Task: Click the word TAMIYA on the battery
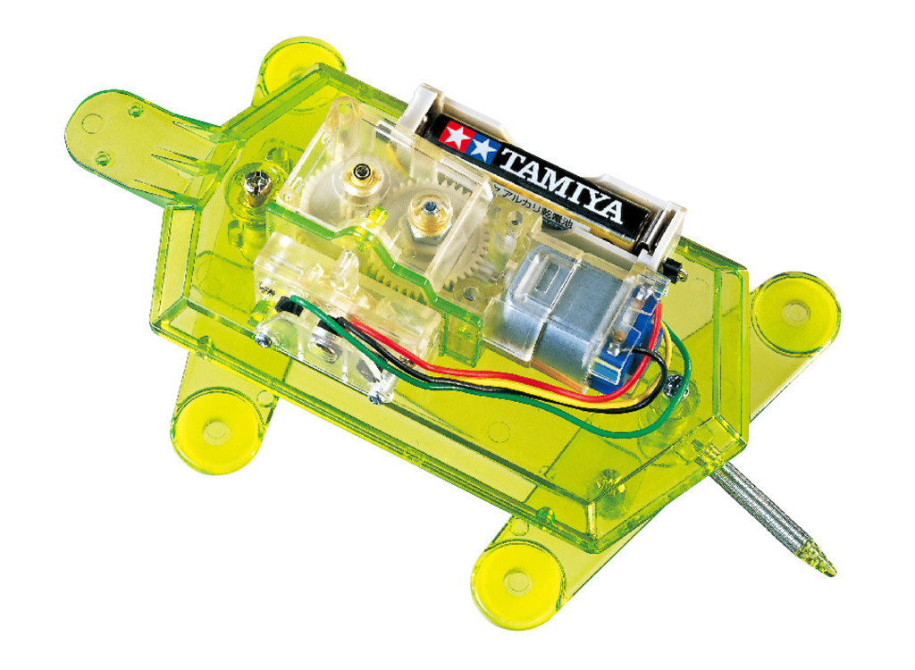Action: pos(561,185)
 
